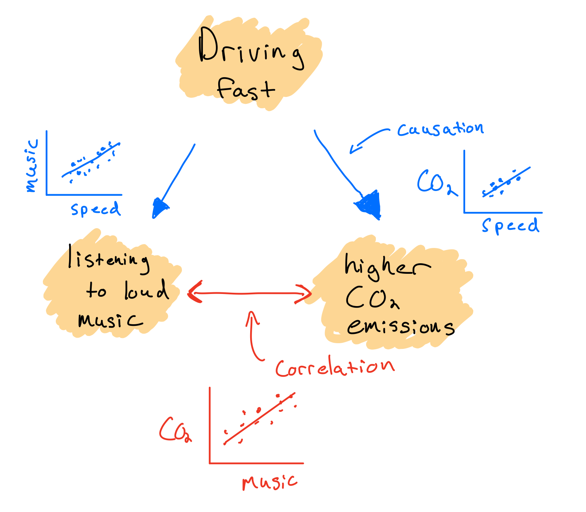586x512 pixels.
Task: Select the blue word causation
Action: click(440, 129)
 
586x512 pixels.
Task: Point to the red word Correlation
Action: click(335, 367)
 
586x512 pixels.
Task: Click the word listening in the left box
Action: click(108, 258)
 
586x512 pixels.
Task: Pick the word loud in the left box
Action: click(146, 291)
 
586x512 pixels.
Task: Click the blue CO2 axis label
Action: click(436, 183)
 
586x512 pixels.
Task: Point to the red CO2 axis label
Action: click(175, 430)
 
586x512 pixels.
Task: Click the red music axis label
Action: click(270, 482)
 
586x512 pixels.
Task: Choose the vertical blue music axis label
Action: click(32, 166)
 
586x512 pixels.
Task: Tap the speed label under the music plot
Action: click(96, 209)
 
